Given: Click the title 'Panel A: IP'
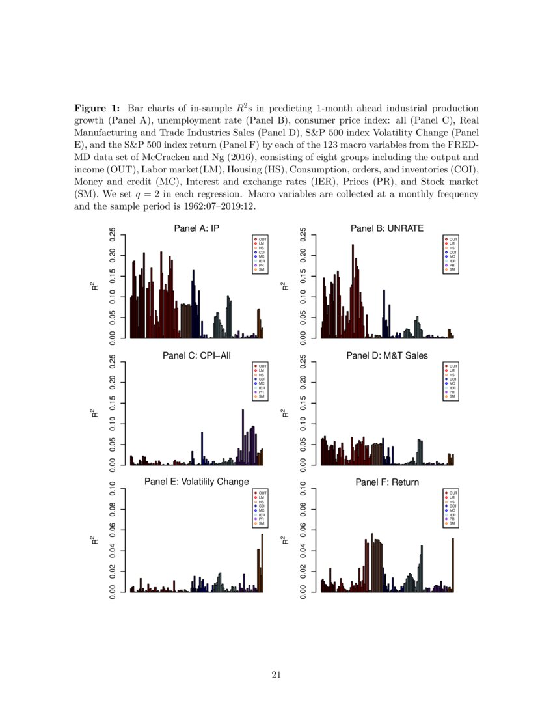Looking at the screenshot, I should click(x=196, y=228).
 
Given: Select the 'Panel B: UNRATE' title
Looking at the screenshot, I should click(x=387, y=228).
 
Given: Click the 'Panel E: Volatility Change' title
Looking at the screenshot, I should click(x=196, y=482).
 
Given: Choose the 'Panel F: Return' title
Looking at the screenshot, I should click(x=387, y=482).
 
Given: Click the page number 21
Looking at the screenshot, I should click(x=276, y=675).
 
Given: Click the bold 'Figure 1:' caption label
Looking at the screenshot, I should click(x=97, y=108).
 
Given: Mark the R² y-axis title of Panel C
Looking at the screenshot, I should click(x=96, y=413).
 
